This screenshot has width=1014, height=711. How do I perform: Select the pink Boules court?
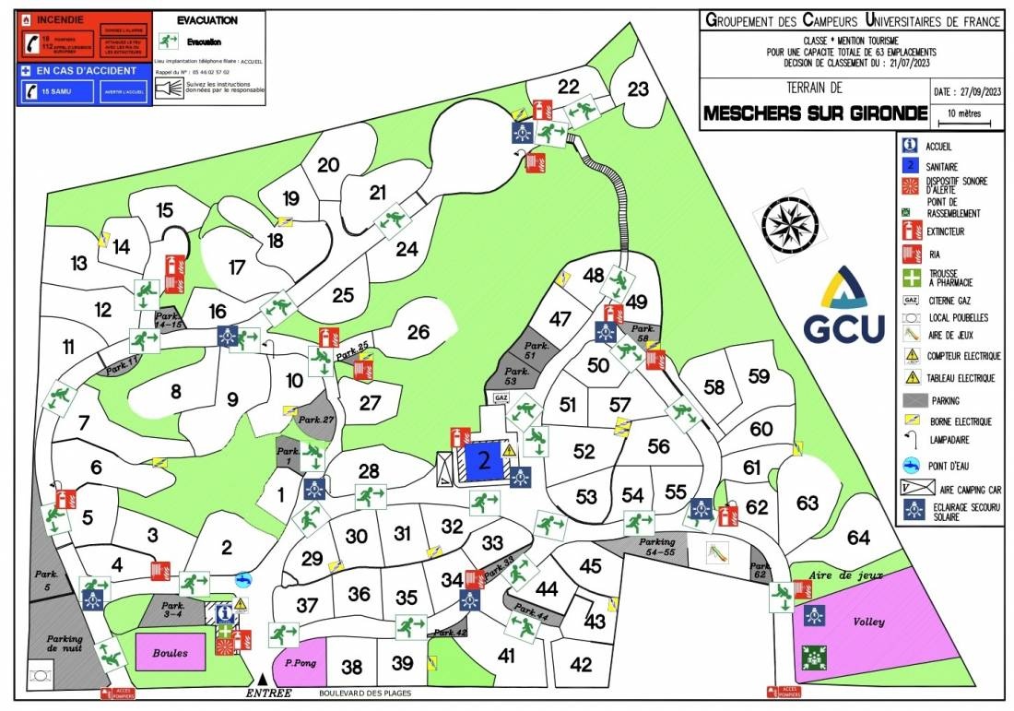pyautogui.click(x=171, y=652)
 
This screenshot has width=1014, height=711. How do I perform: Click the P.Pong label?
pyautogui.click(x=301, y=662)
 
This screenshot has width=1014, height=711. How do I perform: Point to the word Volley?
pyautogui.click(x=868, y=622)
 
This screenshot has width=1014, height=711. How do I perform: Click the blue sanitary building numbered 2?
pyautogui.click(x=482, y=459)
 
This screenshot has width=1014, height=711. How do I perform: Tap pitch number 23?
pyautogui.click(x=638, y=89)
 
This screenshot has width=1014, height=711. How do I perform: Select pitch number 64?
pyautogui.click(x=858, y=537)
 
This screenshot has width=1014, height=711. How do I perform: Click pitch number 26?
pyautogui.click(x=419, y=332)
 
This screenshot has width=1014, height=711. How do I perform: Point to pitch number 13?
pyautogui.click(x=78, y=264)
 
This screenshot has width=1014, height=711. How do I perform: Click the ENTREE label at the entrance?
pyautogui.click(x=268, y=693)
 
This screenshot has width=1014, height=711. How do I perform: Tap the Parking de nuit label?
pyautogui.click(x=65, y=644)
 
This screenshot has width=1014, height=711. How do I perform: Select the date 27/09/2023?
pyautogui.click(x=966, y=92)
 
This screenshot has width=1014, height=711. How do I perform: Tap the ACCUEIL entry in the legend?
pyautogui.click(x=939, y=146)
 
